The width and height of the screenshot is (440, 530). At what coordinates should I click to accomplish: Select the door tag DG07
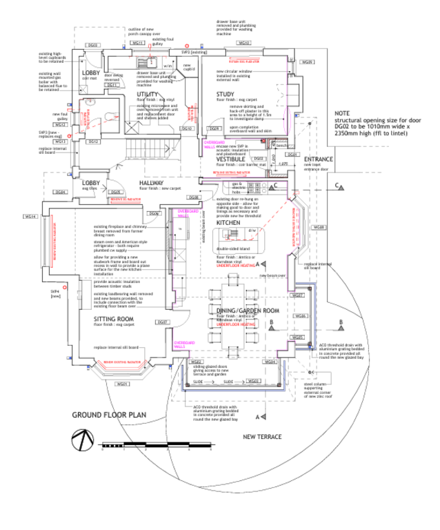pyautogui.click(x=163, y=322)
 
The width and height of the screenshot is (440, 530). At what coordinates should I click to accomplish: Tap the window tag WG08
pyautogui.click(x=319, y=227)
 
